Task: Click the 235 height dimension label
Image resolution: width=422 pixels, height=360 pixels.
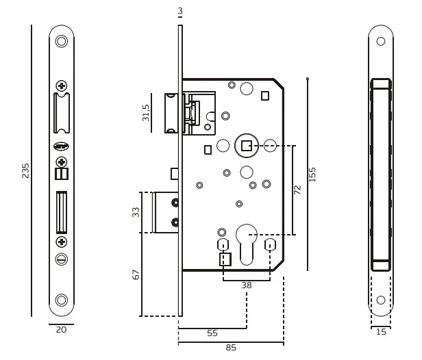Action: coord(25,170)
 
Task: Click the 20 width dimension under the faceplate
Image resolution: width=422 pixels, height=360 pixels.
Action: coord(61,330)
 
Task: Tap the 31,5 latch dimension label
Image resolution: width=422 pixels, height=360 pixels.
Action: coord(146,113)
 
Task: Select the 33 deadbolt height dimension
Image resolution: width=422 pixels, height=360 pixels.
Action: coord(136,212)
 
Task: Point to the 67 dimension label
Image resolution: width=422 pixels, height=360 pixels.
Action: coord(136,274)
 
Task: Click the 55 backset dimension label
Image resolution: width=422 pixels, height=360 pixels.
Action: coord(212,333)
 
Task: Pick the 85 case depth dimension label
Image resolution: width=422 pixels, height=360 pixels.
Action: coord(231,348)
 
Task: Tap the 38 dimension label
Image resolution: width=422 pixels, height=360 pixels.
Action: coord(246,285)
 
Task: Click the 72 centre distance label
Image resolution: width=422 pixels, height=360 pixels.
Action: coord(297,190)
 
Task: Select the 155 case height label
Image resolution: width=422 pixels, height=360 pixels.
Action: coord(312,175)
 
